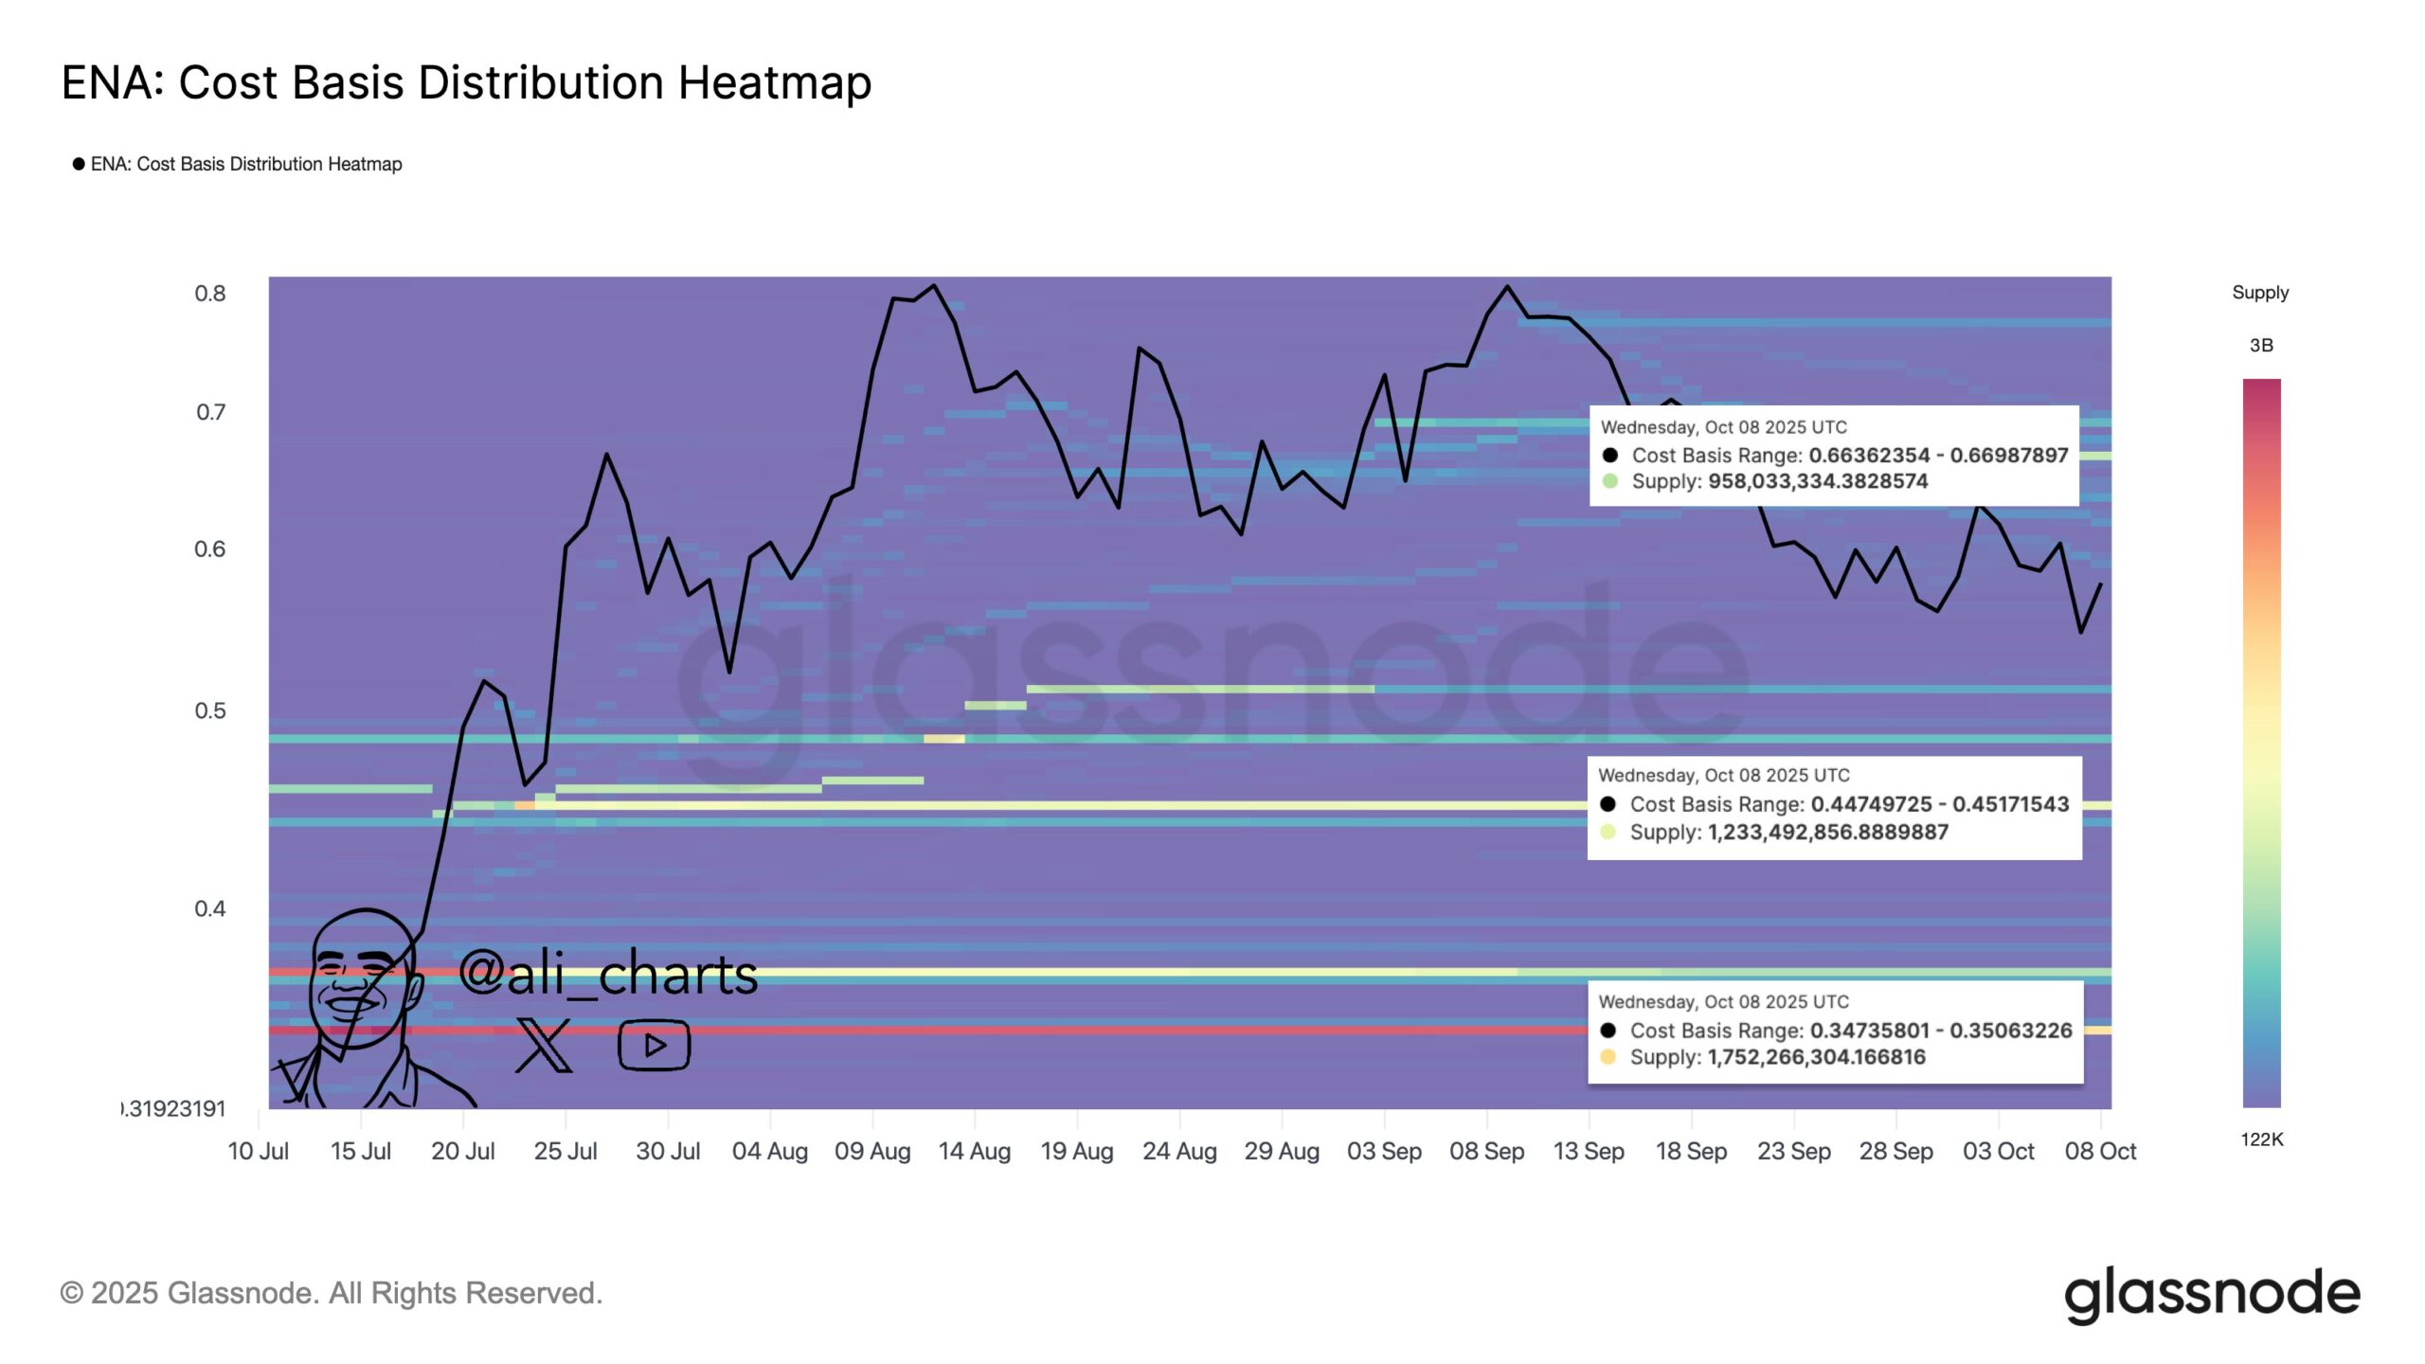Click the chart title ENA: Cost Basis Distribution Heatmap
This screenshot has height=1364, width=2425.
point(466,82)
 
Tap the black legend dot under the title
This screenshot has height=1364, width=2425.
point(79,164)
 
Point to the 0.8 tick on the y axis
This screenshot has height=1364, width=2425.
point(210,294)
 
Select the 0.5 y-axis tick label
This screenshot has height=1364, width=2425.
point(210,710)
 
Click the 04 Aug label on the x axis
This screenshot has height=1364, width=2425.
point(769,1151)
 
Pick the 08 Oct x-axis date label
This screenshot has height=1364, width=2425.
point(2100,1151)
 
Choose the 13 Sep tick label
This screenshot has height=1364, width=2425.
point(1589,1151)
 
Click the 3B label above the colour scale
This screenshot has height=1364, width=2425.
point(2261,346)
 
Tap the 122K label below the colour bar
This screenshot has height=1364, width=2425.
point(2261,1140)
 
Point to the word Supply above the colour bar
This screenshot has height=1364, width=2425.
point(2260,293)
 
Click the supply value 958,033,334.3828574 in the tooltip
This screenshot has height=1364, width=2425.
point(1817,481)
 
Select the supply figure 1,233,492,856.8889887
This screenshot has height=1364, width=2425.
point(1827,832)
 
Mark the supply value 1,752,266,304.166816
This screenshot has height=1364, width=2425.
point(1816,1057)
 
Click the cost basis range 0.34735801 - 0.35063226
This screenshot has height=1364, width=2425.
point(1941,1031)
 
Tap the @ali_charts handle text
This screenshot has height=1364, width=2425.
point(607,974)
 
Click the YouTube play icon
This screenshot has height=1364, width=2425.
point(654,1045)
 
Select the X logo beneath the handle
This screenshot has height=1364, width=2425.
point(544,1046)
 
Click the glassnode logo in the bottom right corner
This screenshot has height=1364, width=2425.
point(2212,1294)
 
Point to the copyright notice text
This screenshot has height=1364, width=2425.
point(332,1293)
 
